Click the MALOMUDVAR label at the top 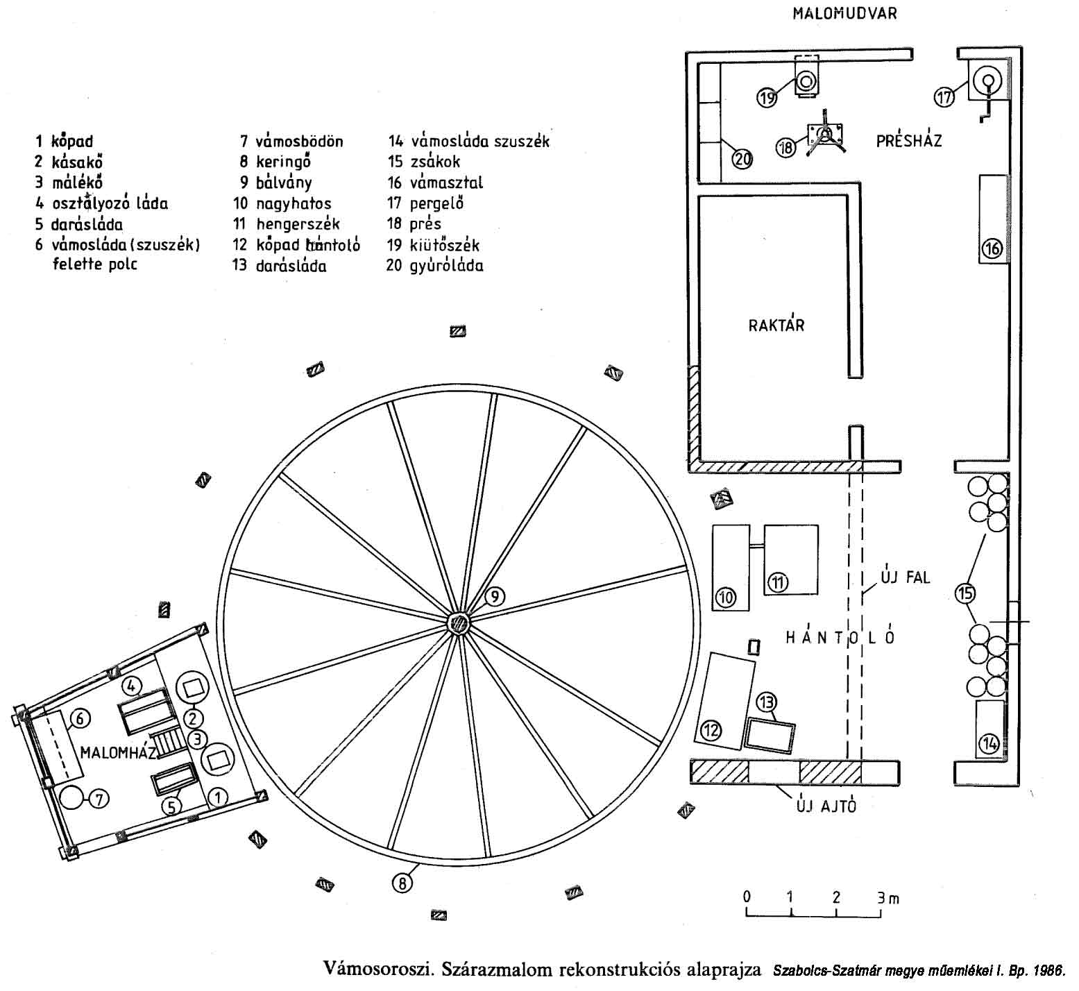coord(844,14)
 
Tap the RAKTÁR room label coord(776,325)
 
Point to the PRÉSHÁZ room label coord(908,141)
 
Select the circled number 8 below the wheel coord(402,883)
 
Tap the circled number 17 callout coord(944,97)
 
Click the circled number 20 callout coord(742,160)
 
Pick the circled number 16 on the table coord(993,248)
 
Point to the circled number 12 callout coord(712,730)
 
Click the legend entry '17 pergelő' coord(425,203)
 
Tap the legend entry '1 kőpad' coord(64,142)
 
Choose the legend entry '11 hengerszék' coord(287,224)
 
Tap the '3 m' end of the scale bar coord(887,898)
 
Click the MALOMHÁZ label coord(118,753)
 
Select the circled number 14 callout coord(988,745)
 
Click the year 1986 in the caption coord(1048,970)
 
